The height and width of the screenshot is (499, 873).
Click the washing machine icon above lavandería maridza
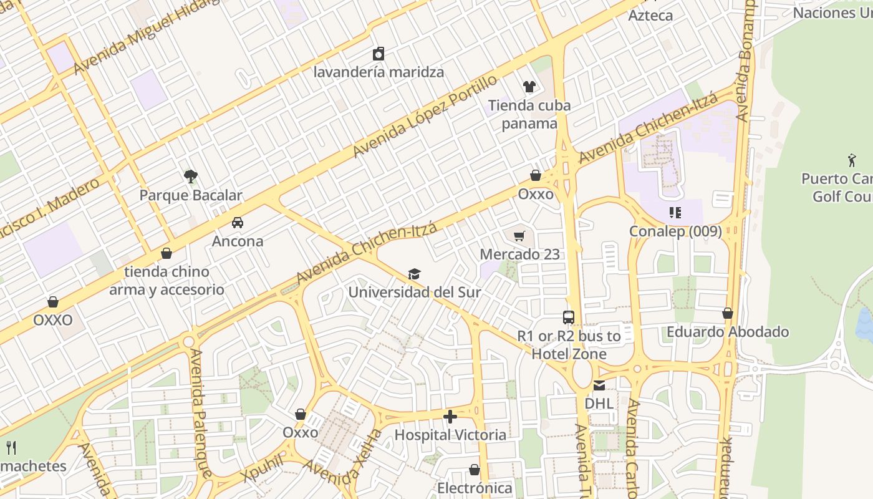click(x=379, y=54)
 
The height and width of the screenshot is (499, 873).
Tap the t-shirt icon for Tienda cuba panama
click(x=529, y=87)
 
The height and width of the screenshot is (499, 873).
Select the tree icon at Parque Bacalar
click(x=191, y=177)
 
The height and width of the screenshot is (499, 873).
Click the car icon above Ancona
click(x=238, y=223)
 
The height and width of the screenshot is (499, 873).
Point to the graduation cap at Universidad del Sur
click(x=414, y=274)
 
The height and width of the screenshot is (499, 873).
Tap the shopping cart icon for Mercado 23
click(x=519, y=236)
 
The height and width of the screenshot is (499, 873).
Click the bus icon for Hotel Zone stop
click(x=569, y=317)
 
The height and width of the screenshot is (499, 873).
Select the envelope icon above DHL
click(x=599, y=385)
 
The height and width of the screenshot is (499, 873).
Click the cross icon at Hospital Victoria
click(x=450, y=416)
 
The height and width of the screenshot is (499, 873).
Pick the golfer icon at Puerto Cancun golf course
click(x=852, y=160)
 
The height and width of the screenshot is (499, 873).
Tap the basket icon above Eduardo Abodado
click(x=728, y=313)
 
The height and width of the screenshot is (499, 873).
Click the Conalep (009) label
click(x=675, y=231)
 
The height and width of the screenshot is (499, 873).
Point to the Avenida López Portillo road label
click(x=425, y=116)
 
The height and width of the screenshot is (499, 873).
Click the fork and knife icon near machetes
click(x=11, y=447)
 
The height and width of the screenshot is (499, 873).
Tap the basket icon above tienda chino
click(x=166, y=253)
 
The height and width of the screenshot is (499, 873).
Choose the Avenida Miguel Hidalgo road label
click(x=147, y=36)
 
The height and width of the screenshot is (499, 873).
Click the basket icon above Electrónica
click(x=475, y=470)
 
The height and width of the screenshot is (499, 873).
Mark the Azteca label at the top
click(x=650, y=16)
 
